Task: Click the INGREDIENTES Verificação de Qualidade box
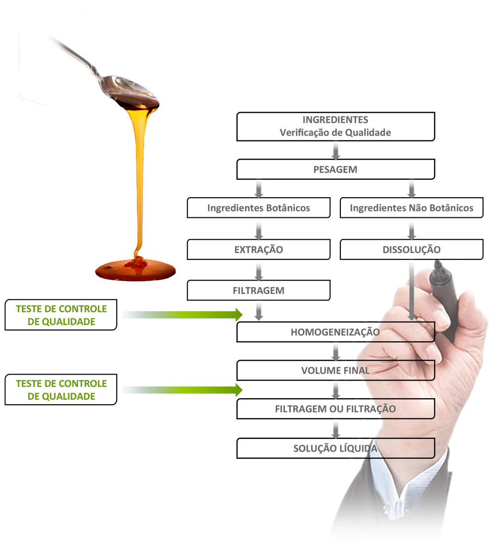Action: [335, 126]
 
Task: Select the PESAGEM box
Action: [335, 169]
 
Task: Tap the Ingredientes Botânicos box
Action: [258, 208]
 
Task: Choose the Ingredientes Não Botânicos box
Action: [412, 208]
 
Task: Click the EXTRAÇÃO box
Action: [258, 250]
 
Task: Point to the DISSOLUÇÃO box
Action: [412, 250]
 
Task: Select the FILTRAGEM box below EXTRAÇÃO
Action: [258, 291]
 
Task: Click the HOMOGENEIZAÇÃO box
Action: [335, 332]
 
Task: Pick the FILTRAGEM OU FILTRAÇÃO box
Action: [335, 409]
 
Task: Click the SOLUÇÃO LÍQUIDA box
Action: [335, 449]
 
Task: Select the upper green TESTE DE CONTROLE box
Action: [61, 315]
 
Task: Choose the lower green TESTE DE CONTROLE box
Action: [61, 390]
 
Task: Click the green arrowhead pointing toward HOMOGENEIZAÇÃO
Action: [239, 315]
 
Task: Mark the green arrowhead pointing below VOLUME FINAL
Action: [239, 390]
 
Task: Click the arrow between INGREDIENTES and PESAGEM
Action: [336, 151]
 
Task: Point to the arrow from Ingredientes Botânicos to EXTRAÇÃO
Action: [258, 229]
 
